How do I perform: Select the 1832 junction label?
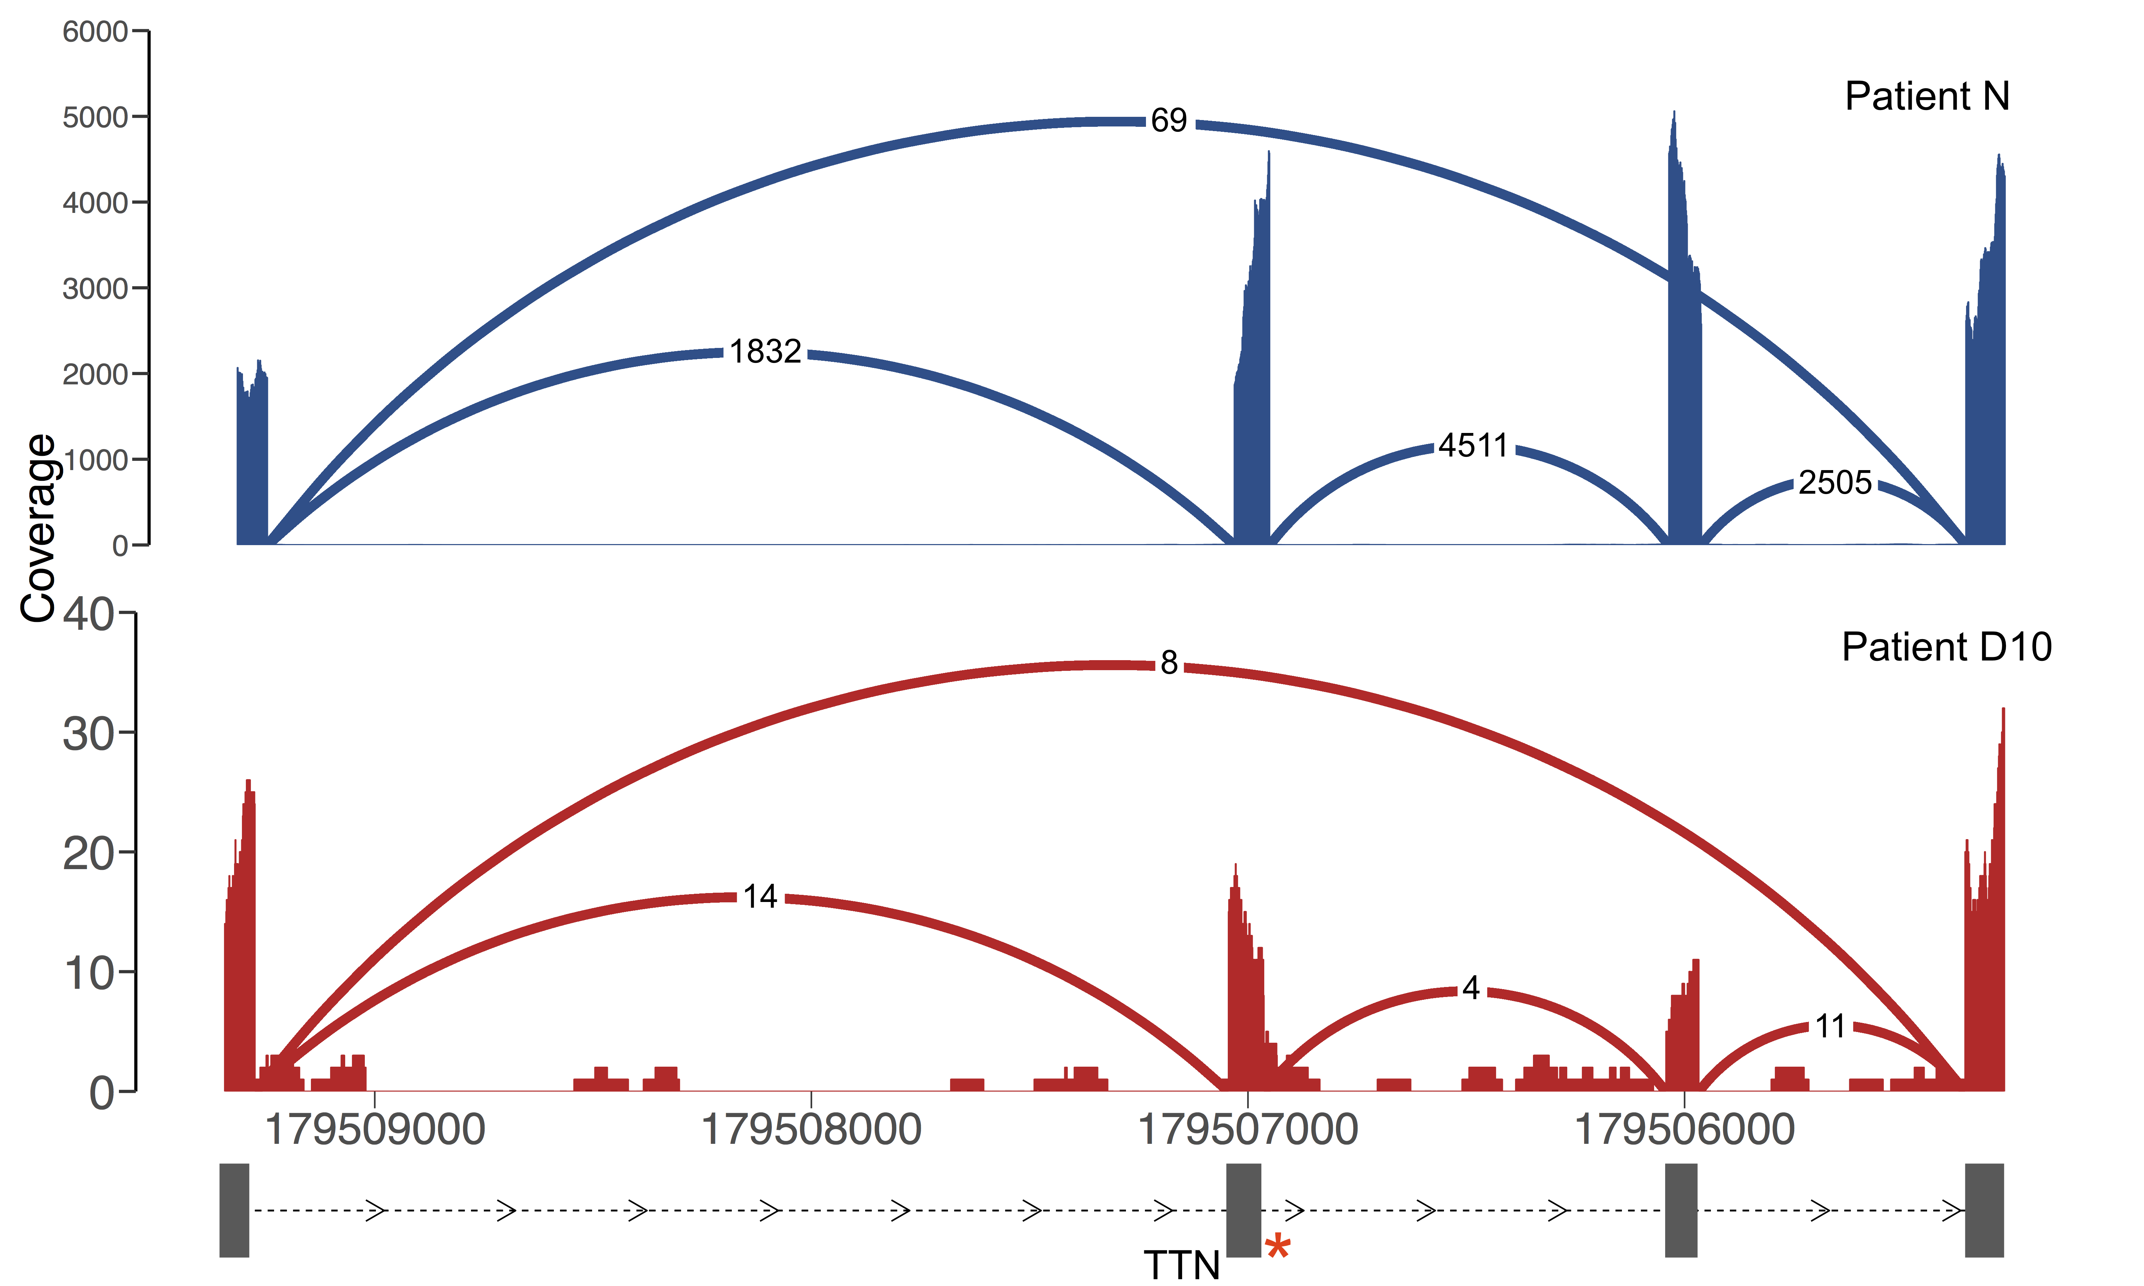pos(765,352)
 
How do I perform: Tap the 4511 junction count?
pos(1473,445)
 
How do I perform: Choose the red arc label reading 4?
pos(1471,988)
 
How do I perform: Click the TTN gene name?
pos(1181,1265)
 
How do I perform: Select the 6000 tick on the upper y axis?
pos(95,32)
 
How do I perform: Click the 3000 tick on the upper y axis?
pos(95,289)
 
